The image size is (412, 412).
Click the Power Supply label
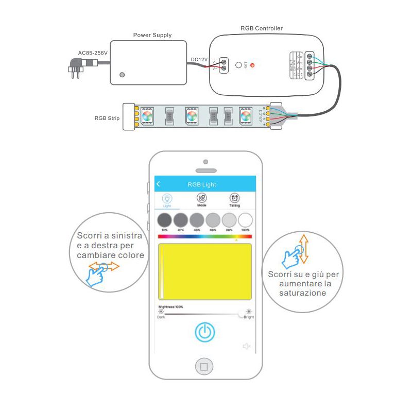click(x=152, y=36)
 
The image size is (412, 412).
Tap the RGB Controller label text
click(x=262, y=28)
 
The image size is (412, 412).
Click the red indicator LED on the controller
click(x=252, y=66)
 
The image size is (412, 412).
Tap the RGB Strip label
click(x=107, y=118)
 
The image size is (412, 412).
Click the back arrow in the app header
click(x=159, y=184)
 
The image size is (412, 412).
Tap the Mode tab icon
click(x=202, y=198)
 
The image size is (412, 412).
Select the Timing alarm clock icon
click(x=234, y=198)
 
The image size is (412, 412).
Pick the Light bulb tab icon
click(x=167, y=198)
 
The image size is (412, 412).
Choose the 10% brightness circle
click(x=164, y=220)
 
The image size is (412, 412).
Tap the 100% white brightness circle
click(x=245, y=220)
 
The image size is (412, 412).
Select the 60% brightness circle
click(x=213, y=220)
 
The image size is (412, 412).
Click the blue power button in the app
click(x=204, y=332)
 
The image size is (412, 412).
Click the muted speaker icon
click(x=246, y=346)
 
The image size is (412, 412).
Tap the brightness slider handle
click(x=242, y=313)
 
